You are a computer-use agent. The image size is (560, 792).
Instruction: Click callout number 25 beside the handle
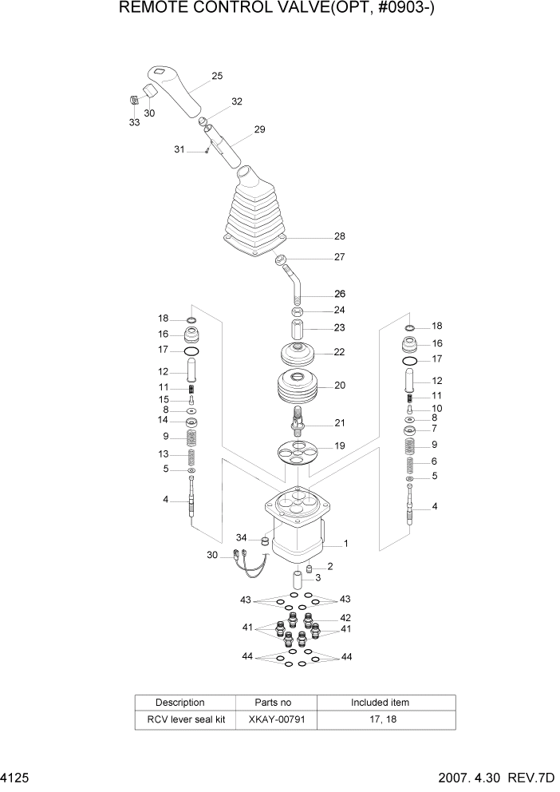(217, 77)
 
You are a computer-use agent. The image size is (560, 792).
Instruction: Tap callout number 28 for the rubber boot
(340, 236)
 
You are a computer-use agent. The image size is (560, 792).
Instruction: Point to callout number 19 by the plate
(340, 445)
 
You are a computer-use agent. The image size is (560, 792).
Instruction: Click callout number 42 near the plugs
(345, 617)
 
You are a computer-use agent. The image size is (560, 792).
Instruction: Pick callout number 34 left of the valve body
(241, 537)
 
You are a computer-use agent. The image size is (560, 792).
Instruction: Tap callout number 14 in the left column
(163, 419)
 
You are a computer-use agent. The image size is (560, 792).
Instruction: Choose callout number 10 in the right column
(436, 409)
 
